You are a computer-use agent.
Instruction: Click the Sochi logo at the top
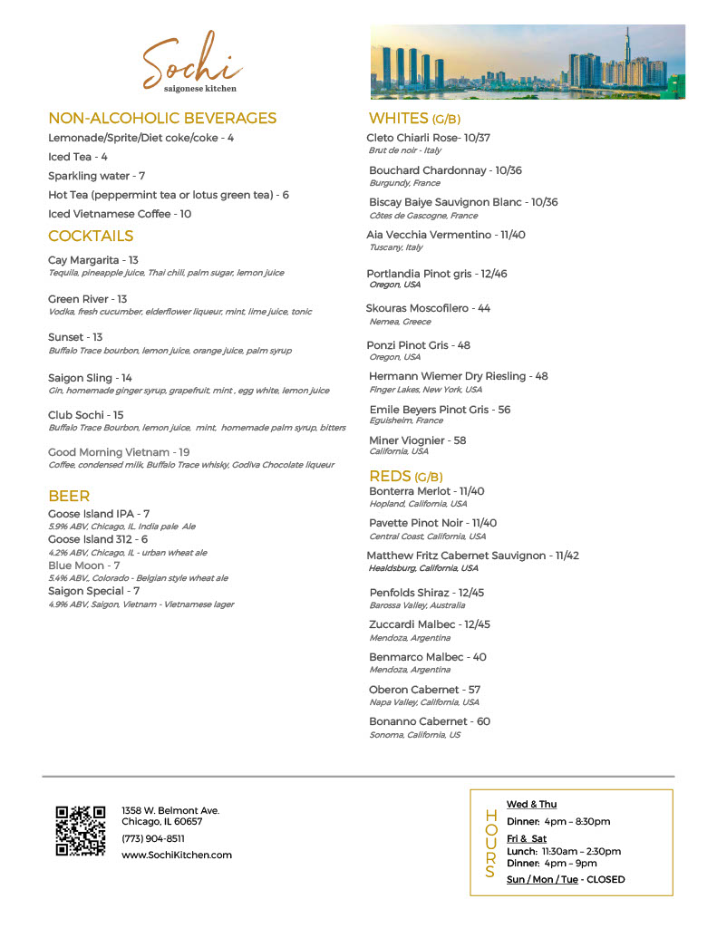point(192,63)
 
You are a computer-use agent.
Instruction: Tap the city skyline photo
point(528,62)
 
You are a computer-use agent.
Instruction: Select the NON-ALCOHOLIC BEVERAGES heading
point(162,119)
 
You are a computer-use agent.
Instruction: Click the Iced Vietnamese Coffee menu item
point(120,215)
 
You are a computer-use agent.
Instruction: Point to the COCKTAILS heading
point(91,237)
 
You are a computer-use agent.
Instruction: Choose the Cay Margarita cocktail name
point(93,261)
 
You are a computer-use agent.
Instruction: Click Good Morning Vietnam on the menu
point(119,452)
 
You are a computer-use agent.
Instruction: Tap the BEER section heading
point(69,497)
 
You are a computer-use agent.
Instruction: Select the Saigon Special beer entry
point(93,592)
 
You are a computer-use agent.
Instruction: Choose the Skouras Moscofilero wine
point(428,308)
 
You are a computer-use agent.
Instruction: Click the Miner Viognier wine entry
point(417,440)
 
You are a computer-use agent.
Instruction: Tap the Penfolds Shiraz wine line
point(426,593)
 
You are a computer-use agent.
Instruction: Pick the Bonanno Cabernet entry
point(429,721)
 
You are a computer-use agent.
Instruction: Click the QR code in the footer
point(81,830)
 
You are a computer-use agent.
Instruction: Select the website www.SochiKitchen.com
point(177,855)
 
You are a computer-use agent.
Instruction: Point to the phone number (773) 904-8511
point(153,838)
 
